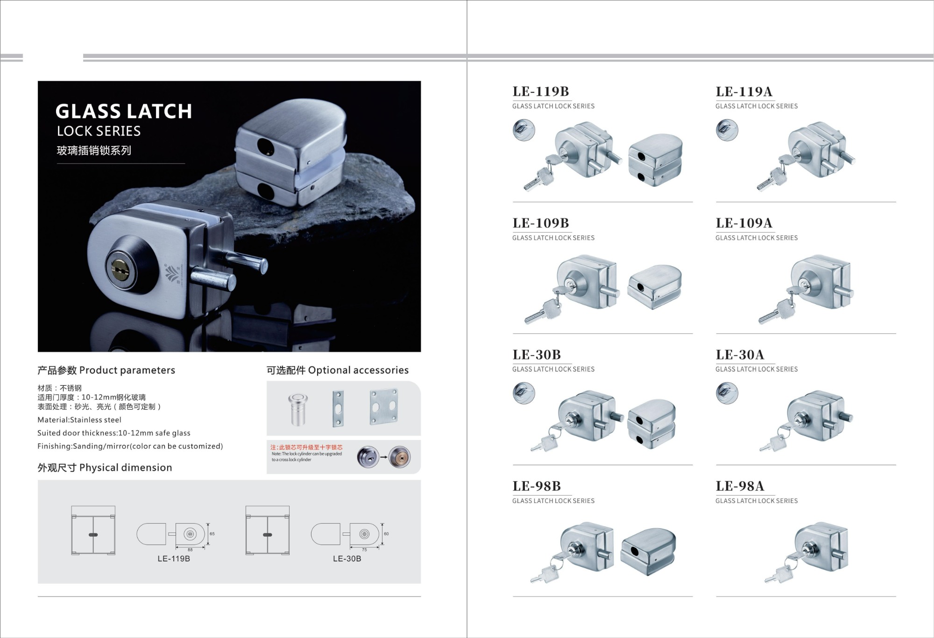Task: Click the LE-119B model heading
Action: [x=541, y=92]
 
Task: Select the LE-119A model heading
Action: [x=744, y=92]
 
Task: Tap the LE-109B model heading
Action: [x=541, y=223]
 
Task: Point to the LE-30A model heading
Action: [x=740, y=355]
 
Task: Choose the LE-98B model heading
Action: [x=537, y=486]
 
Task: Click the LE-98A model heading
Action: [x=740, y=486]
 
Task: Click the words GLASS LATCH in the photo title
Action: [x=124, y=112]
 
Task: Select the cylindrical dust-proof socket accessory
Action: [x=297, y=410]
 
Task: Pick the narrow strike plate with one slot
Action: [x=338, y=409]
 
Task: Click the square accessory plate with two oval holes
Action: [x=383, y=407]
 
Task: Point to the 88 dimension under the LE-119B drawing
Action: [x=190, y=550]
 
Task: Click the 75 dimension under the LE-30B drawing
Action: [x=364, y=550]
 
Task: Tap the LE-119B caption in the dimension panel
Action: [x=174, y=559]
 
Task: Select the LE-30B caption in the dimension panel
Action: [x=347, y=559]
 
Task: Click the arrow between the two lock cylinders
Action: [x=383, y=457]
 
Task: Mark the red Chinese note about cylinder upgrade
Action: [x=306, y=447]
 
